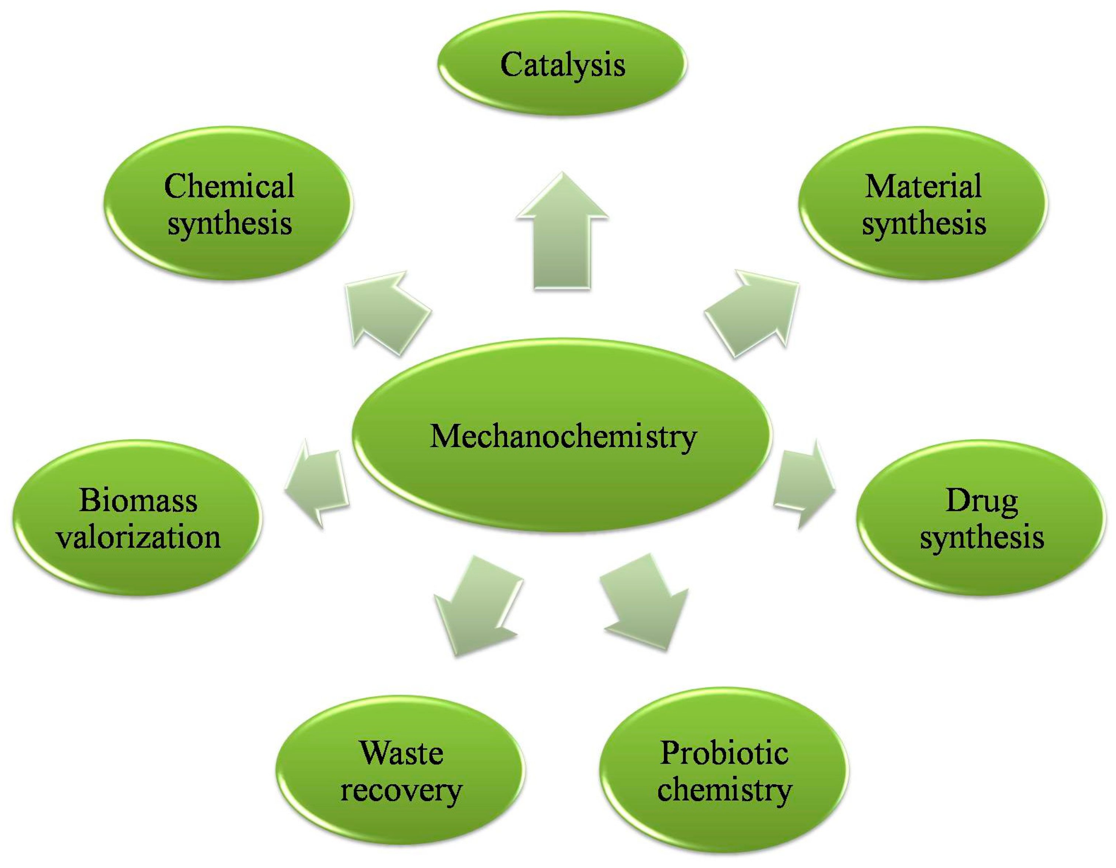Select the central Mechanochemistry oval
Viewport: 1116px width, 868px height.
562,436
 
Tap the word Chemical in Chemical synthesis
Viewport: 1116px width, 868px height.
229,186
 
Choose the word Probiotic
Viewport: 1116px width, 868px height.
724,753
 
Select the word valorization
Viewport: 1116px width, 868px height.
138,537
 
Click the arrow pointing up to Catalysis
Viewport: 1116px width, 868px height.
562,235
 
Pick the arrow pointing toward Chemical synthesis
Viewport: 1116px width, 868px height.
386,313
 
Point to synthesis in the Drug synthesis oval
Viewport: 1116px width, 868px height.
981,538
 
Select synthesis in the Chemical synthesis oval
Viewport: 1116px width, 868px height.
229,224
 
